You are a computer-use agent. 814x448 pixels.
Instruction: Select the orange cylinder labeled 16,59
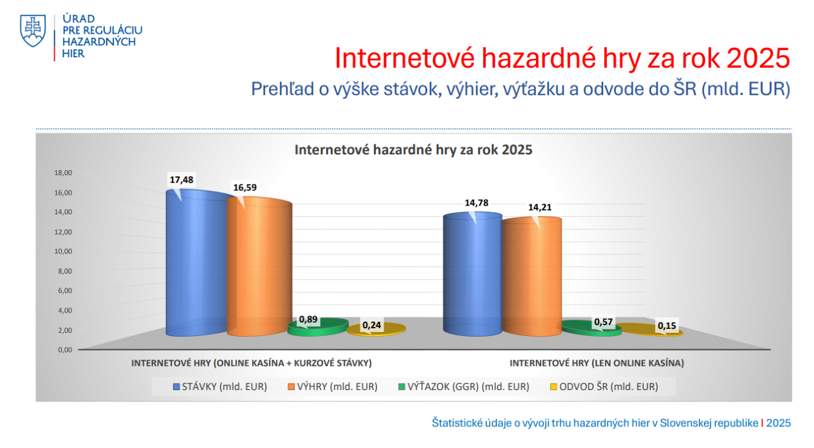[259, 266]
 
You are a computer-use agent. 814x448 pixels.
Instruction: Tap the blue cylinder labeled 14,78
[472, 274]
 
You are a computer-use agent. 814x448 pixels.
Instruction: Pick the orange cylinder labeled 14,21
[532, 276]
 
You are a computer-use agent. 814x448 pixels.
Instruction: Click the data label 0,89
[308, 319]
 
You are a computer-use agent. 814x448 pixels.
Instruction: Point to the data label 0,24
[371, 325]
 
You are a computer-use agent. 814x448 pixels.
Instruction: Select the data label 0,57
[603, 322]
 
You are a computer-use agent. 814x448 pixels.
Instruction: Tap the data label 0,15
[667, 326]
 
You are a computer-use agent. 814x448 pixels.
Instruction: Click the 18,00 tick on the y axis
[63, 173]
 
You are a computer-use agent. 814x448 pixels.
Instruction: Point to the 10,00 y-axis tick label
[63, 251]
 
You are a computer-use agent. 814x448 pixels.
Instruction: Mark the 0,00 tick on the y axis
[65, 350]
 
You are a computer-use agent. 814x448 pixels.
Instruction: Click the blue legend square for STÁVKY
[176, 387]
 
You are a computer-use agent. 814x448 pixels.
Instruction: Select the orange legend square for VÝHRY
[291, 387]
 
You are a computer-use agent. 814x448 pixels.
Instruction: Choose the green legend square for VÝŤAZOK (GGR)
[402, 387]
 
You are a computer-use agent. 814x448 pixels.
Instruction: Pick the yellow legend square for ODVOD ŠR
[554, 387]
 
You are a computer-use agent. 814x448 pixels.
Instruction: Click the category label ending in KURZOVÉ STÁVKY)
[251, 363]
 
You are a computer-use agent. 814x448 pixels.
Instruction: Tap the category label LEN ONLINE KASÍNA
[596, 363]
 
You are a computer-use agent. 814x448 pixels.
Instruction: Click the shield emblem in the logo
[33, 31]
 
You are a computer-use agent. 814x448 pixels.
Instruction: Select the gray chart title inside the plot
[413, 150]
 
